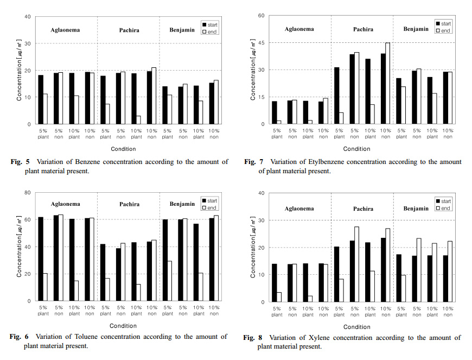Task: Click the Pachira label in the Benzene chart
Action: click(x=129, y=30)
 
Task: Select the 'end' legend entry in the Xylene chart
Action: click(x=445, y=208)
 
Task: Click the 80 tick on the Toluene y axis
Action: click(x=27, y=193)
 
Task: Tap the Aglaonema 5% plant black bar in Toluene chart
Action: click(x=41, y=258)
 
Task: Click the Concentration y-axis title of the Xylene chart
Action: click(x=253, y=248)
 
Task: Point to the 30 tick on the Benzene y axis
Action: click(x=27, y=43)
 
